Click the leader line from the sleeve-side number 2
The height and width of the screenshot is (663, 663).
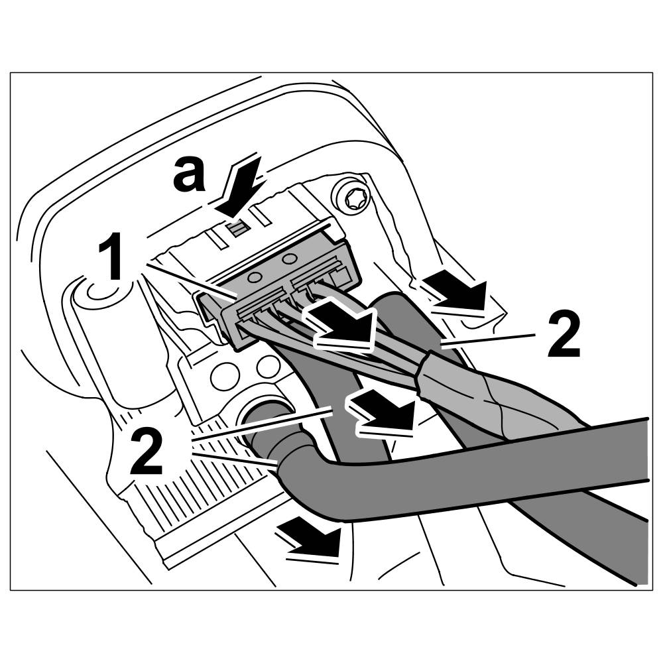point(487,341)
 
